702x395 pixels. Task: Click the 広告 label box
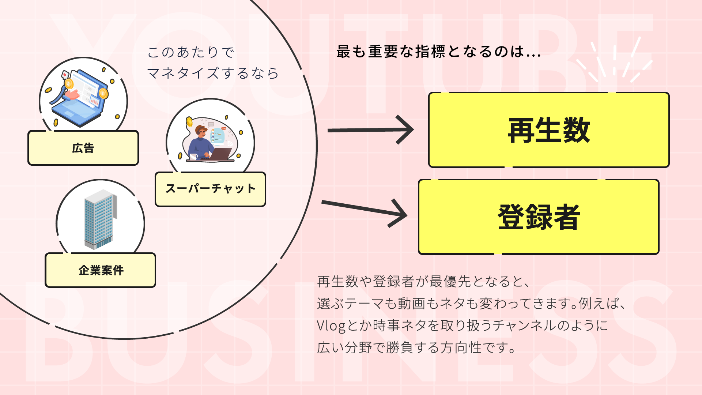(83, 148)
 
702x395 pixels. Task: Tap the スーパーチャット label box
(210, 189)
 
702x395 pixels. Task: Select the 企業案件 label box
(101, 270)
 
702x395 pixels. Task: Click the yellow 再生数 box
(548, 130)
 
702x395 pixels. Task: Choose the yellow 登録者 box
(539, 217)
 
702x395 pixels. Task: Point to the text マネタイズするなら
(213, 73)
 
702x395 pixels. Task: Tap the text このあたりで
(190, 52)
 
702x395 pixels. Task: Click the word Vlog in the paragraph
(331, 326)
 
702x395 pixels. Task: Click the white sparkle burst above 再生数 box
(614, 60)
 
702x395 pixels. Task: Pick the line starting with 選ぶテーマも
(472, 304)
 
